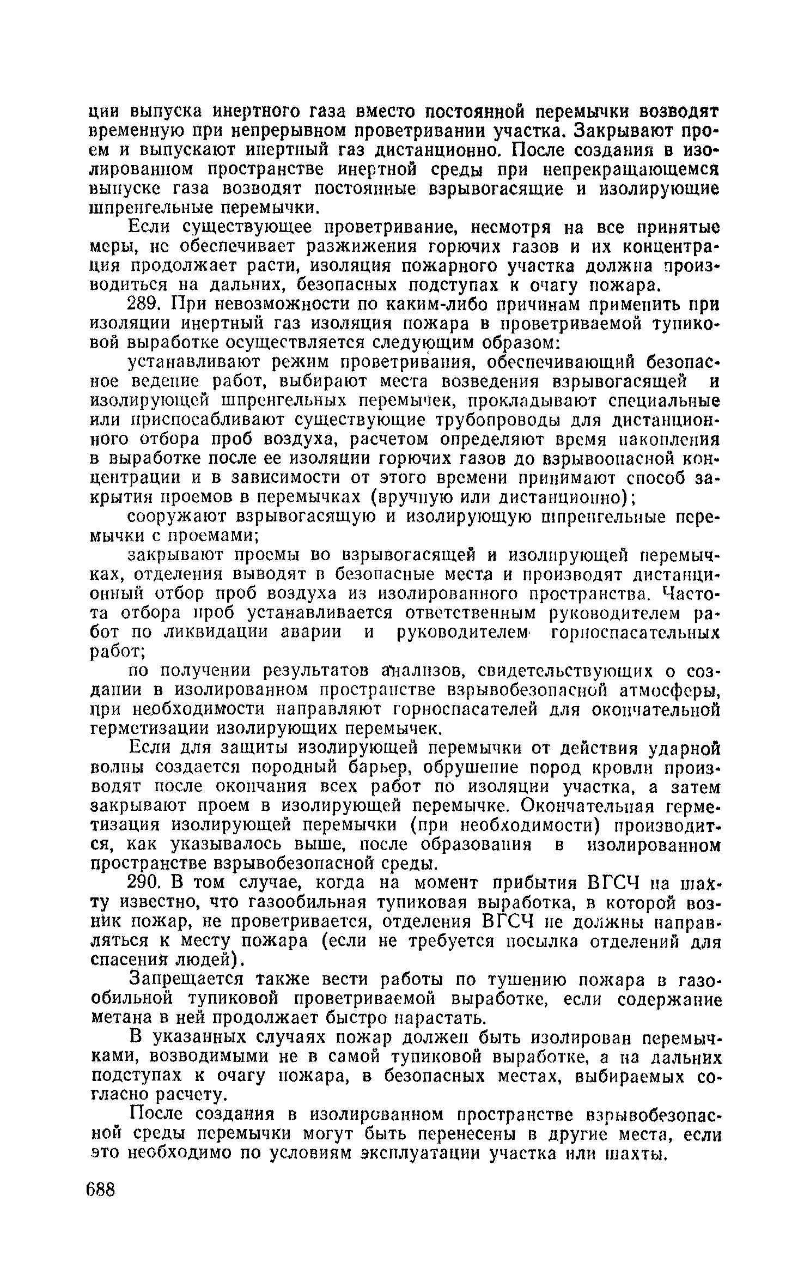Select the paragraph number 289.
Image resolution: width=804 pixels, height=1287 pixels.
[x=148, y=304]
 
